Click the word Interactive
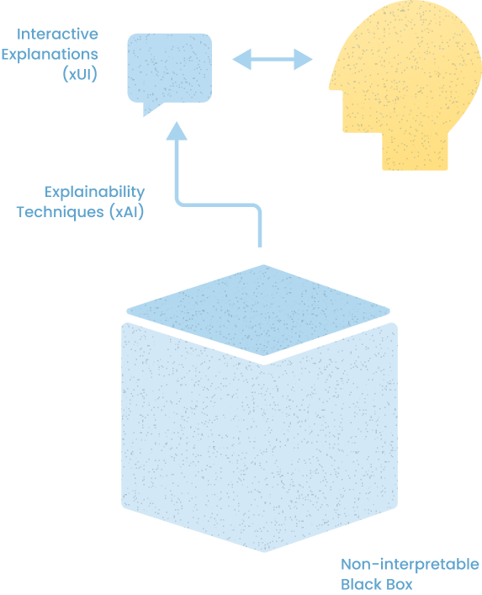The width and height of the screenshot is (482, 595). [x=57, y=35]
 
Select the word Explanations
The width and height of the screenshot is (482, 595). [x=50, y=55]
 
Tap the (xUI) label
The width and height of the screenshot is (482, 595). [x=80, y=73]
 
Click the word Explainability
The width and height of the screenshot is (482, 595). [x=94, y=193]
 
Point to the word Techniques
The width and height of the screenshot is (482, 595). [x=60, y=212]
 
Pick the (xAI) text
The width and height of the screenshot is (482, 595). [x=127, y=212]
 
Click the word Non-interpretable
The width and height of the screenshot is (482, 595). [x=410, y=565]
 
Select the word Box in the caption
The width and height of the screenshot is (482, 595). [x=397, y=584]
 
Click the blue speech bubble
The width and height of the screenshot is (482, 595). [x=170, y=68]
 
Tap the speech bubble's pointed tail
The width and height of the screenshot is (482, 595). [x=150, y=109]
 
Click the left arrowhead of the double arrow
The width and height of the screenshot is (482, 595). [x=242, y=60]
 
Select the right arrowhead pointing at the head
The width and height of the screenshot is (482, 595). [x=303, y=60]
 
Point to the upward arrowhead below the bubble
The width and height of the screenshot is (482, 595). [x=177, y=131]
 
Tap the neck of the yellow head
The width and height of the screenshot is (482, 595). [x=415, y=151]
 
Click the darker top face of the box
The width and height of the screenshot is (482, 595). [x=258, y=310]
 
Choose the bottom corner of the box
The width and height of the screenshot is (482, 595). [x=264, y=552]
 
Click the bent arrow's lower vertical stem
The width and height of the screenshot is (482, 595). [x=260, y=228]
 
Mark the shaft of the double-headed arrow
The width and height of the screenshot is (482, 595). [x=273, y=60]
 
